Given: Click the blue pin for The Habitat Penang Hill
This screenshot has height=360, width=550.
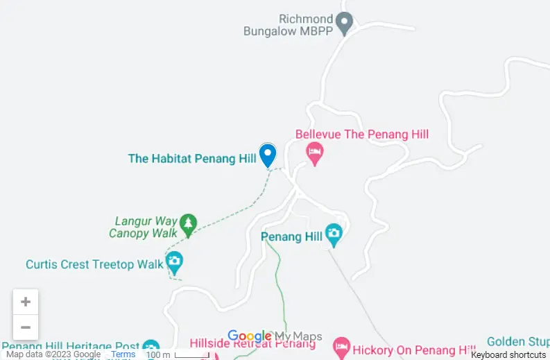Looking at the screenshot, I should click(267, 155).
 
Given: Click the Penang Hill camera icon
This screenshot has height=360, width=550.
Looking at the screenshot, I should click(334, 235).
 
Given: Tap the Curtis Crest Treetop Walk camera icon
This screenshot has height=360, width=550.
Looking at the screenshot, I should click(174, 262).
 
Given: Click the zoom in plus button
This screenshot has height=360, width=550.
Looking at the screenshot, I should click(26, 302).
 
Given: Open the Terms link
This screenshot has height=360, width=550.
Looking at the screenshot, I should click(123, 354).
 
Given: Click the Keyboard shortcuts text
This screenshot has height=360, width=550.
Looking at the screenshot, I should click(508, 354).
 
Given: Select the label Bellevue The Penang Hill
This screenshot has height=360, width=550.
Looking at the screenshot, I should click(362, 135).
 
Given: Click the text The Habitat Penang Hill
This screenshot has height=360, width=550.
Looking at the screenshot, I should click(192, 159).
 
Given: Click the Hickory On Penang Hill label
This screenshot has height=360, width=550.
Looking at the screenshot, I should click(414, 350).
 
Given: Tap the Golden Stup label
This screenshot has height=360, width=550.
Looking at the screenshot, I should click(517, 341).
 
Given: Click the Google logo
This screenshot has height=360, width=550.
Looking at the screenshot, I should click(249, 336).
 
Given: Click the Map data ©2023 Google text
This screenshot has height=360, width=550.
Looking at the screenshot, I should click(53, 354).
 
